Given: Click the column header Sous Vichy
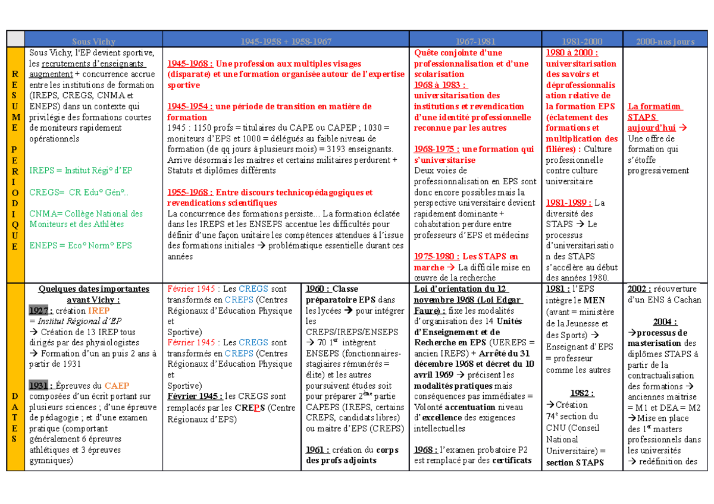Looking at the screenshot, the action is pyautogui.click(x=93, y=42).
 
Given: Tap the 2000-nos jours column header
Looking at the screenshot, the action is pyautogui.click(x=665, y=42).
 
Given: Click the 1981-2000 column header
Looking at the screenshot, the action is pyautogui.click(x=581, y=42).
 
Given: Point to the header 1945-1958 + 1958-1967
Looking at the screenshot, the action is pyautogui.click(x=286, y=42).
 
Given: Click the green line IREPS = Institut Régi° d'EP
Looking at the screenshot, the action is pyautogui.click(x=81, y=171).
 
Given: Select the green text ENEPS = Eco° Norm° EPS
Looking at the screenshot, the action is pyautogui.click(x=80, y=245).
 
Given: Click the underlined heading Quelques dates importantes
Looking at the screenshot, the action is pyautogui.click(x=93, y=289).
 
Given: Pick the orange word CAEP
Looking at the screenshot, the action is pyautogui.click(x=116, y=385).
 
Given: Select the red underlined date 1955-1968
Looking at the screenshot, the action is pyautogui.click(x=189, y=192).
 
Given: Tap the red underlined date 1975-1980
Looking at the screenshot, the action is pyautogui.click(x=436, y=256).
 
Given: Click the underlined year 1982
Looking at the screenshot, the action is pyautogui.click(x=581, y=393).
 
